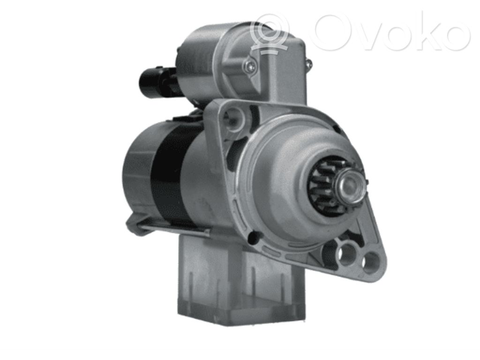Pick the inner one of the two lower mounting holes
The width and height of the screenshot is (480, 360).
[347, 254]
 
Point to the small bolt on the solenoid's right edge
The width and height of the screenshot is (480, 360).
[308, 64]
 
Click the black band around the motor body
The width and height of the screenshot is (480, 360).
[172, 174]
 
